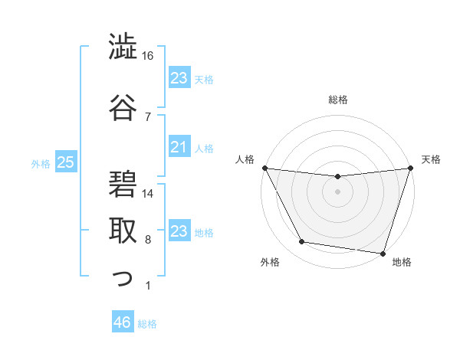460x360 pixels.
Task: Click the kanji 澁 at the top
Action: [x=123, y=47]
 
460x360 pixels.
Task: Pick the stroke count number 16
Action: [x=148, y=56]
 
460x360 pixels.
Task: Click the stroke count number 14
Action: [x=149, y=194]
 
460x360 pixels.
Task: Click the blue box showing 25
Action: [x=66, y=162]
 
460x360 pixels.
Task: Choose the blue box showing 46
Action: [x=122, y=322]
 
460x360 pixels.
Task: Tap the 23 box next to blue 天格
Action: [x=179, y=78]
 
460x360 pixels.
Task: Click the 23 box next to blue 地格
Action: [x=179, y=231]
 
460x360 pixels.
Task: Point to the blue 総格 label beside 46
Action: [x=148, y=324]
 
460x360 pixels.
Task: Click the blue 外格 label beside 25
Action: [x=41, y=163]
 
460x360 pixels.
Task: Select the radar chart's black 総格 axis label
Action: [x=337, y=100]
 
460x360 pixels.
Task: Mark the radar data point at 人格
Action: [x=265, y=168]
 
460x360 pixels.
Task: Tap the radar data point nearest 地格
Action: [x=383, y=253]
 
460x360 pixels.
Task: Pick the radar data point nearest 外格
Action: [x=302, y=242]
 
